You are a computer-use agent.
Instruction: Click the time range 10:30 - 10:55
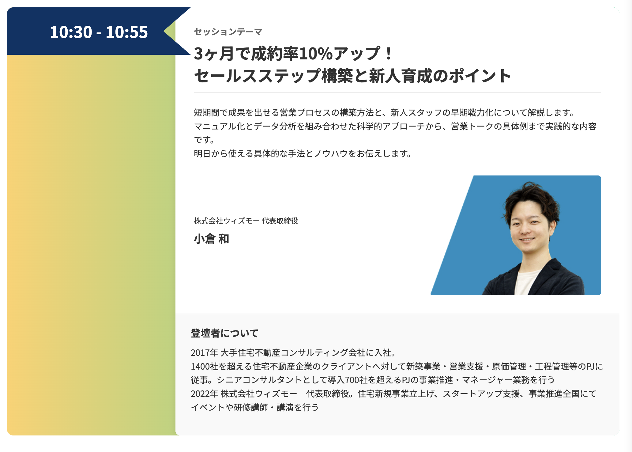(x=99, y=32)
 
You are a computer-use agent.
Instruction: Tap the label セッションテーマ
(x=228, y=32)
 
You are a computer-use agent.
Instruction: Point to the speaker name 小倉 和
(x=212, y=239)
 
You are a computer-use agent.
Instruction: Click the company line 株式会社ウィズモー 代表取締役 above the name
(x=246, y=221)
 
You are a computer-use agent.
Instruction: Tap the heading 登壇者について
(x=225, y=333)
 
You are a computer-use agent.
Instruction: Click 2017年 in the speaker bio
(x=204, y=353)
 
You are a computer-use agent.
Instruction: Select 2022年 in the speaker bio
(x=204, y=394)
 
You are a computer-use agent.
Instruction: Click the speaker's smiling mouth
(x=527, y=239)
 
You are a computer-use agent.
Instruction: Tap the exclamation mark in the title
(x=389, y=54)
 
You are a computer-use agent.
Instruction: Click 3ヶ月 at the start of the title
(x=214, y=54)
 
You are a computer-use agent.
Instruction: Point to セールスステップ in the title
(x=257, y=76)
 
